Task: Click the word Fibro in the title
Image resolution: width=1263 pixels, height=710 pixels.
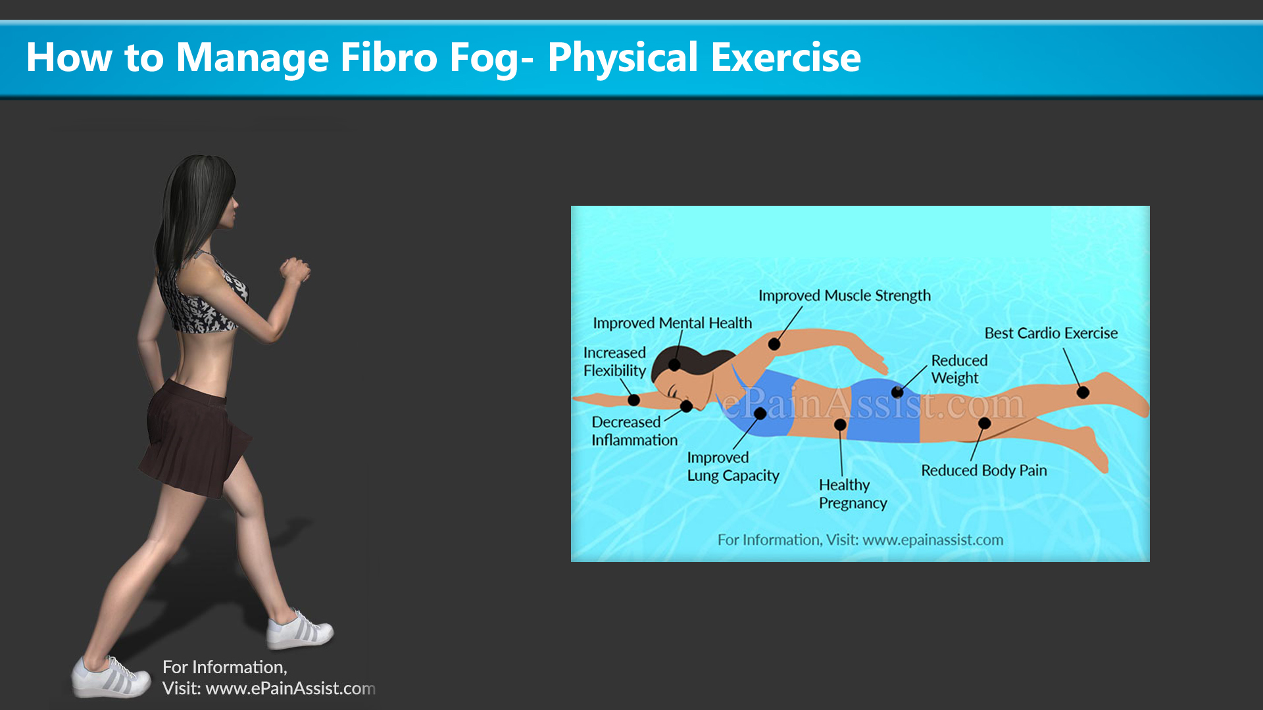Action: tap(389, 57)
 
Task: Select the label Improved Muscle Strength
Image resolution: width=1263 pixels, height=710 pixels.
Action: tap(845, 296)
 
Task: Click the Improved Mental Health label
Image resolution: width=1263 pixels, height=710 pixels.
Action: tap(672, 323)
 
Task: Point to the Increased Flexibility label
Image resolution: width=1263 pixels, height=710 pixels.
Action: tap(615, 362)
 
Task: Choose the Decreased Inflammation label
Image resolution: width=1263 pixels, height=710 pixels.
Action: tap(634, 431)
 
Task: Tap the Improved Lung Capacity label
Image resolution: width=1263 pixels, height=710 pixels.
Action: tap(733, 466)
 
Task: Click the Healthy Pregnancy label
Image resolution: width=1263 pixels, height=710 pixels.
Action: tap(853, 494)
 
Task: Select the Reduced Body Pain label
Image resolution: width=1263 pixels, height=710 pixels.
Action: tap(984, 471)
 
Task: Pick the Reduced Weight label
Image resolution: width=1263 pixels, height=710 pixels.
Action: tap(959, 369)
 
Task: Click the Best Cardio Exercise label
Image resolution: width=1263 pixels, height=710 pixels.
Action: tap(1051, 333)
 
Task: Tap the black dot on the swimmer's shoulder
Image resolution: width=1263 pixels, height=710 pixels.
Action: tap(774, 344)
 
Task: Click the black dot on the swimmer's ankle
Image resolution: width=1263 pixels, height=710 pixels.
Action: tap(1083, 392)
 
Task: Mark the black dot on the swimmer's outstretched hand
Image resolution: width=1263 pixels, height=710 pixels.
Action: tap(633, 400)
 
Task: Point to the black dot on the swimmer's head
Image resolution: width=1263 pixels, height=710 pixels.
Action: tap(674, 365)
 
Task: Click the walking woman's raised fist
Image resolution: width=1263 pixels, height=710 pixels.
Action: tap(295, 270)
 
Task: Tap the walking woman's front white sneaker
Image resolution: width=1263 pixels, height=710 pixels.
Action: tap(300, 629)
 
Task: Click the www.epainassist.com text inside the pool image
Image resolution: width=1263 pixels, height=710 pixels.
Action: tap(933, 540)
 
